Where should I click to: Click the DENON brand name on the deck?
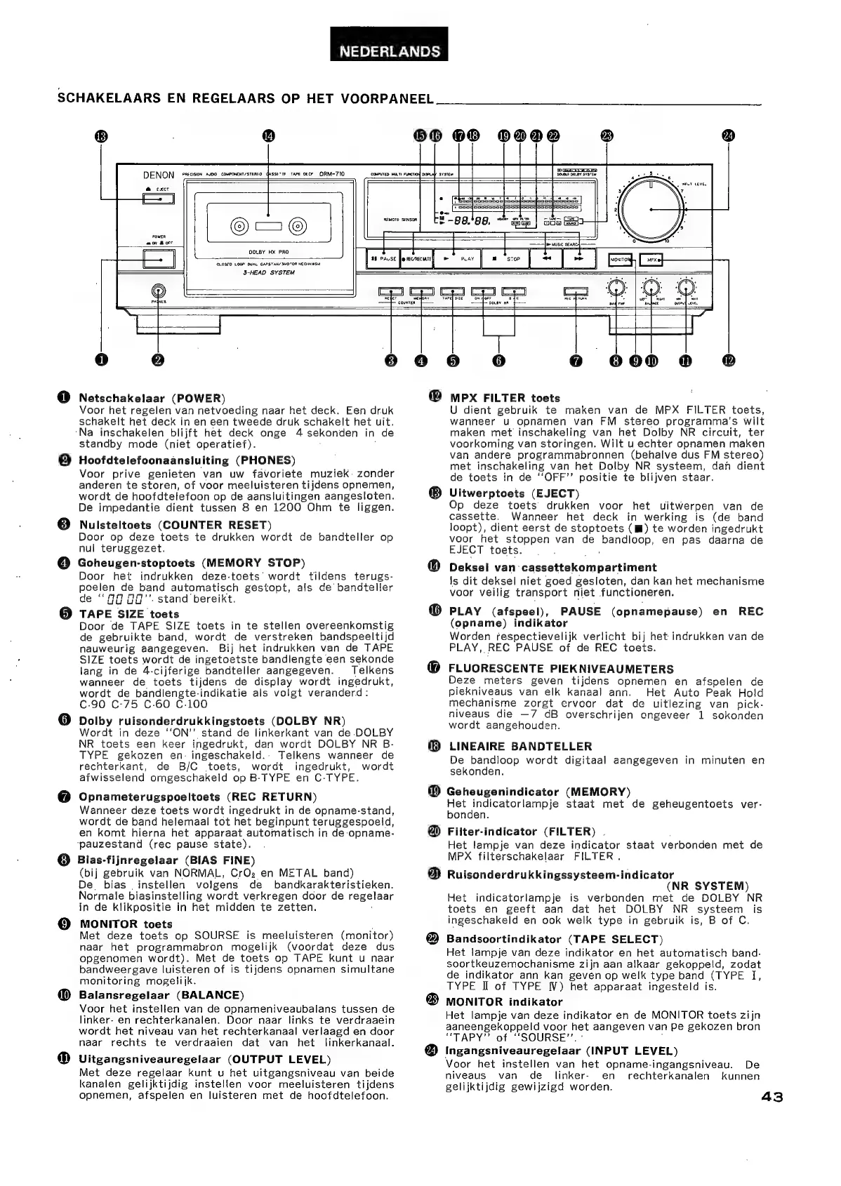pos(159,175)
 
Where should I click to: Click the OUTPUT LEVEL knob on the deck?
pos(686,287)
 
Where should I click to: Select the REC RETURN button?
pos(575,291)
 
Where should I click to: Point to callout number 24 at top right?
pos(727,136)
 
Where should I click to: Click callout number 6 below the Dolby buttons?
pos(498,361)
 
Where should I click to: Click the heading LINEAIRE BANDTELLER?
pos(519,746)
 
